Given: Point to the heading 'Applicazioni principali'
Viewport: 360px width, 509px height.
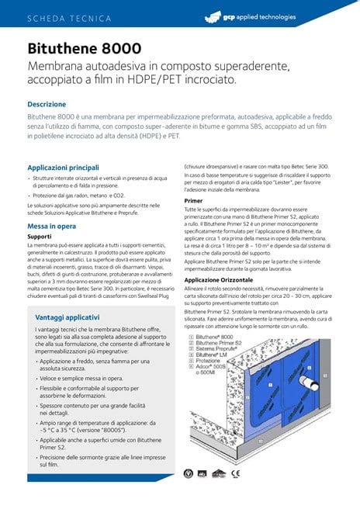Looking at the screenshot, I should (x=63, y=168).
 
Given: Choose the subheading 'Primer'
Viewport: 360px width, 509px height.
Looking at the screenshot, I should (x=193, y=200).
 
